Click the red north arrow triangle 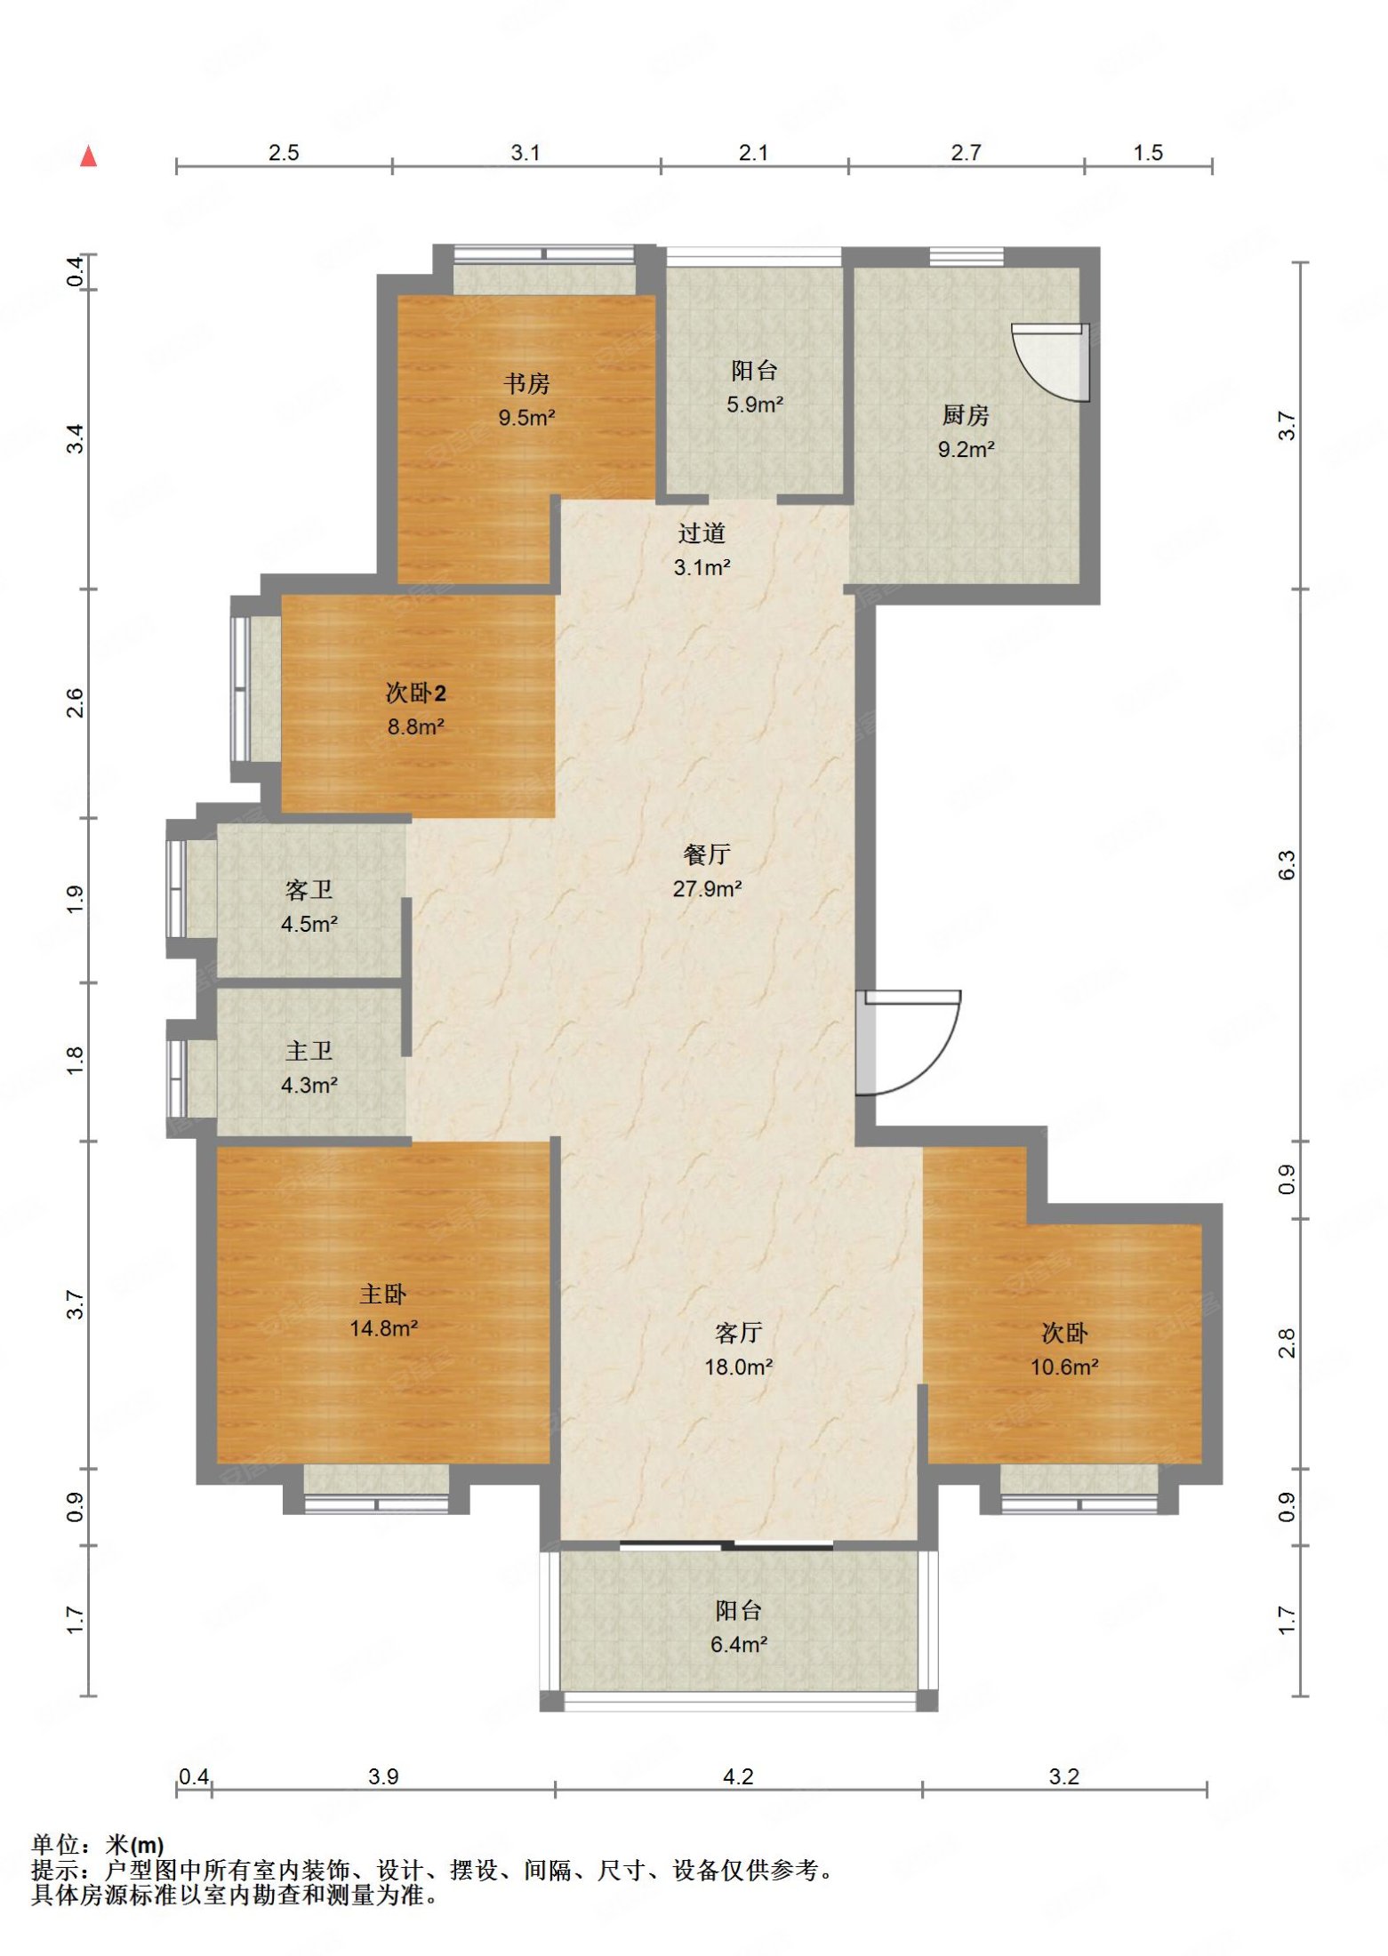pos(88,156)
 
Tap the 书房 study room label pos(526,384)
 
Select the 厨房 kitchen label pos(966,415)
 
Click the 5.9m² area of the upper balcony pos(755,405)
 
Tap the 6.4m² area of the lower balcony pos(738,1645)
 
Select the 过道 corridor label pos(702,533)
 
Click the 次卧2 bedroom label pos(415,693)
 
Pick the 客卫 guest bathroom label pos(309,890)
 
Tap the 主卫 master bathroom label pos(309,1051)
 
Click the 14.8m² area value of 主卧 pos(383,1328)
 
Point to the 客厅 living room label pos(738,1333)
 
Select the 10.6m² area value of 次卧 pos(1064,1367)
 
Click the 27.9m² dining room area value pos(707,889)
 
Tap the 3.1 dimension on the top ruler pos(525,153)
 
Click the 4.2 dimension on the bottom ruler pos(738,1776)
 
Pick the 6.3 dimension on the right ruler pos(1287,865)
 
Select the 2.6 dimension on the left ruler pos(76,703)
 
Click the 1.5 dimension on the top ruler pos(1148,153)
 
